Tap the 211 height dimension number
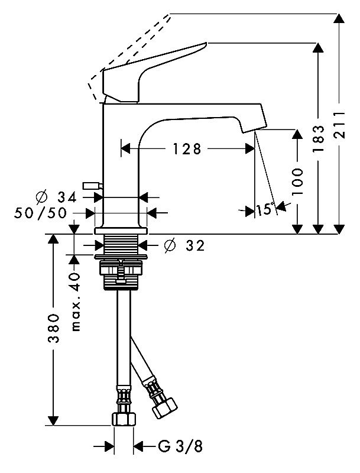339,126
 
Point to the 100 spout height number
297,182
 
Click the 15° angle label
265,209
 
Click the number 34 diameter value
69,196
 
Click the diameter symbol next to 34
41,196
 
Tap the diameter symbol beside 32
168,245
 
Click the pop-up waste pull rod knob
91,186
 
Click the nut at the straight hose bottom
123,419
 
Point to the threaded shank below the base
121,244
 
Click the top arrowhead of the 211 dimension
339,19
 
